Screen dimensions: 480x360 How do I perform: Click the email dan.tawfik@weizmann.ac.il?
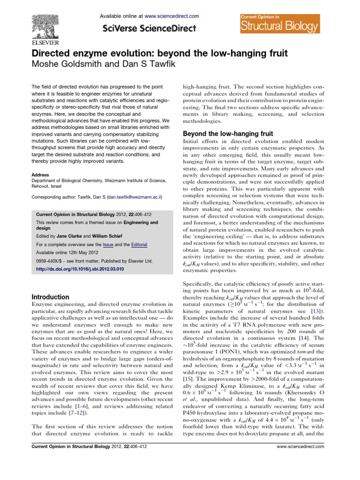point(134,198)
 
